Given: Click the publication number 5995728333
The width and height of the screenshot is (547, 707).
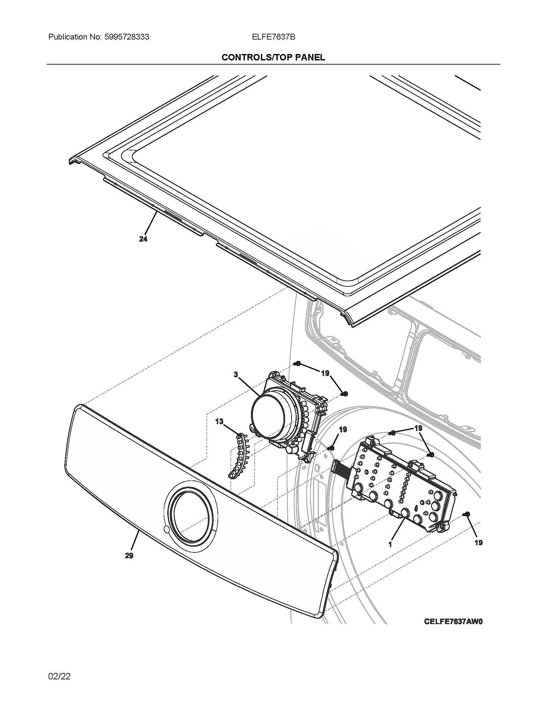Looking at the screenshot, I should tap(127, 37).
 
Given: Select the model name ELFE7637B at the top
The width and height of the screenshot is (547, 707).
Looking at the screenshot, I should tap(273, 37).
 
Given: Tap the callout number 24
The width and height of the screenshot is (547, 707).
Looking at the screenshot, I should tap(143, 239).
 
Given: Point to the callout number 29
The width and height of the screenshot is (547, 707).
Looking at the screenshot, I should tap(129, 556).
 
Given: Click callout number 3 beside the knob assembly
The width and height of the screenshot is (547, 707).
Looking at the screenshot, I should tap(236, 374).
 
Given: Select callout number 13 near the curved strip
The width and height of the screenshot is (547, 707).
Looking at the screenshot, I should tap(219, 422).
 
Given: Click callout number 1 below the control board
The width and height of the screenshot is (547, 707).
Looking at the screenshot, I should tap(391, 544).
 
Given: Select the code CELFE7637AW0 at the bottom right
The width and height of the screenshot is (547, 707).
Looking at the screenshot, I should tap(453, 622).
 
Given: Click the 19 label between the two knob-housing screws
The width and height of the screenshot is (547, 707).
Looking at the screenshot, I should tap(325, 373).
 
